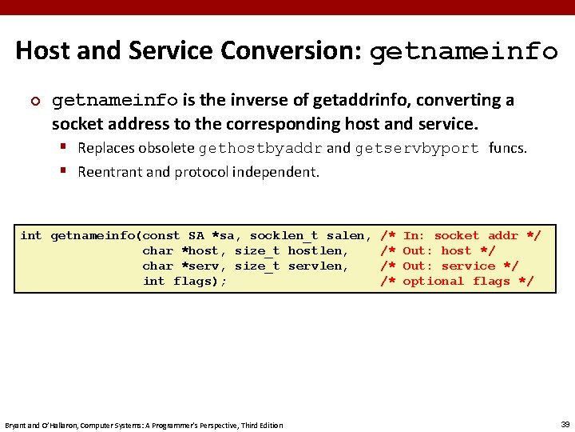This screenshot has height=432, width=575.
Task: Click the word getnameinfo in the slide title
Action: pos(464,52)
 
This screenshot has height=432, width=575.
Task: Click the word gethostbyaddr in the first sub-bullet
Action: pos(260,148)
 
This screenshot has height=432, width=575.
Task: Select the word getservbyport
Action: pos(417,148)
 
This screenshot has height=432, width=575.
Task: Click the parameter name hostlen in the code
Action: pos(318,250)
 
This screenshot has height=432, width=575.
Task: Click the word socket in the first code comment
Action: pos(457,235)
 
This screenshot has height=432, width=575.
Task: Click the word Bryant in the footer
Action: pos(17,425)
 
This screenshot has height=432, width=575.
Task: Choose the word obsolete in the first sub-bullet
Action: pos(166,148)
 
